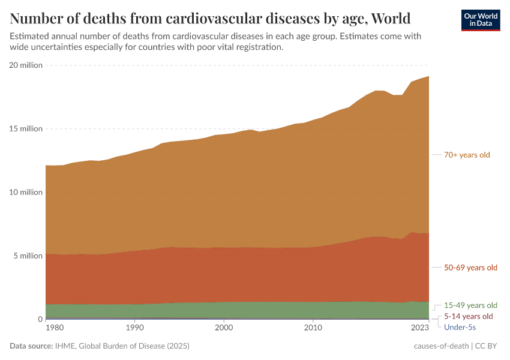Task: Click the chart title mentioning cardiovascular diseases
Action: coord(210,17)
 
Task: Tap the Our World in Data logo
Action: coord(480,19)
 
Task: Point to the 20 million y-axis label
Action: coord(26,65)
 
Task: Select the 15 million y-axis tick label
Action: coord(26,129)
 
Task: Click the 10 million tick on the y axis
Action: coord(26,193)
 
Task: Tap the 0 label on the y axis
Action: coord(40,320)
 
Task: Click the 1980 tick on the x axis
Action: coord(55,329)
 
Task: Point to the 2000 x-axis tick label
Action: coord(224,329)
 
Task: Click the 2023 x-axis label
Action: coord(420,329)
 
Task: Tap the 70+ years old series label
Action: coord(467,155)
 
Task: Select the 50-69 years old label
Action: coord(470,268)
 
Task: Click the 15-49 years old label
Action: coord(470,305)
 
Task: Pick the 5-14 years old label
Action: coord(468,316)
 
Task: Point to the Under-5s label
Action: coord(460,327)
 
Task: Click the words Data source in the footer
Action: coord(31,346)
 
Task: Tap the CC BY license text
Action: coord(488,346)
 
